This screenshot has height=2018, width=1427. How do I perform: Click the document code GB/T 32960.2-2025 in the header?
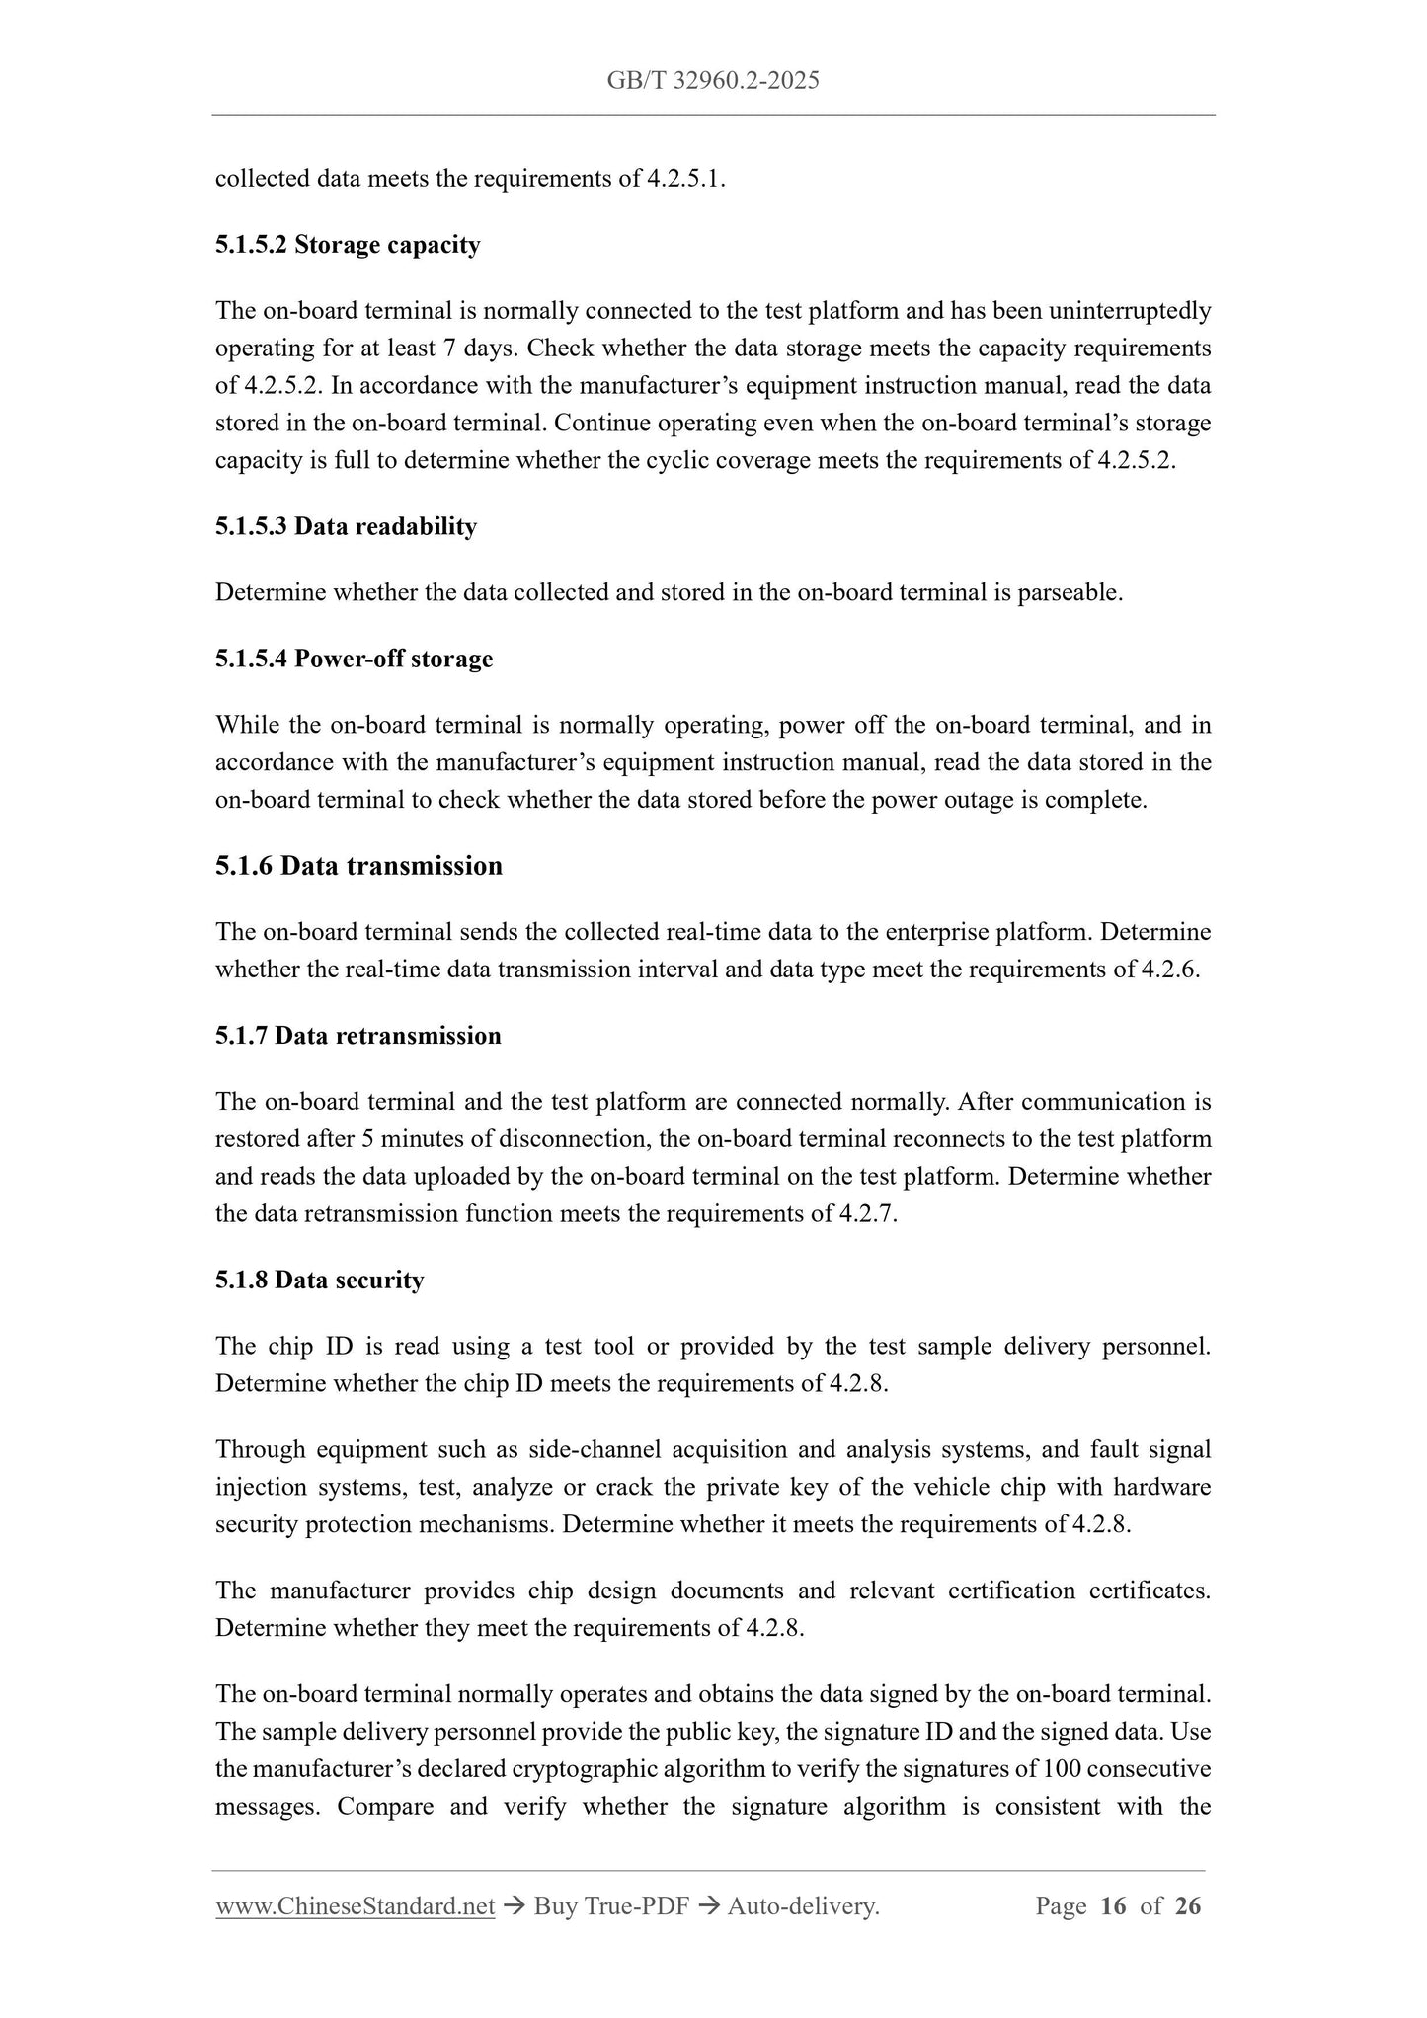713,81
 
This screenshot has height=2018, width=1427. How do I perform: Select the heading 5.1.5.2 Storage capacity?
348,245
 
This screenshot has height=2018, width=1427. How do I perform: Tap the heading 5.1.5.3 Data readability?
346,527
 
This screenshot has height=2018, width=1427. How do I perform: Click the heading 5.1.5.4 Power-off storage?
354,659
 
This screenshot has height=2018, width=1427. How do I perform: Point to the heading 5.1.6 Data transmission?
358,866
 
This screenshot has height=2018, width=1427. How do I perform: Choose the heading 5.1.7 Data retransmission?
357,1036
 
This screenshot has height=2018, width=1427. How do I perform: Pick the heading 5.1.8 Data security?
319,1281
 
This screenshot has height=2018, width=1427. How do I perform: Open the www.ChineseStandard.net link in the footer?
355,1906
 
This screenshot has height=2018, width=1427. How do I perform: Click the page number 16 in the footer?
1112,1906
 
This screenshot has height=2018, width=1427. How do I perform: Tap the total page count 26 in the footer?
1188,1906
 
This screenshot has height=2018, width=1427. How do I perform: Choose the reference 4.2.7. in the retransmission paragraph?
868,1214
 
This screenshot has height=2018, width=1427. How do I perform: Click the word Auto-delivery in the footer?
802,1906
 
